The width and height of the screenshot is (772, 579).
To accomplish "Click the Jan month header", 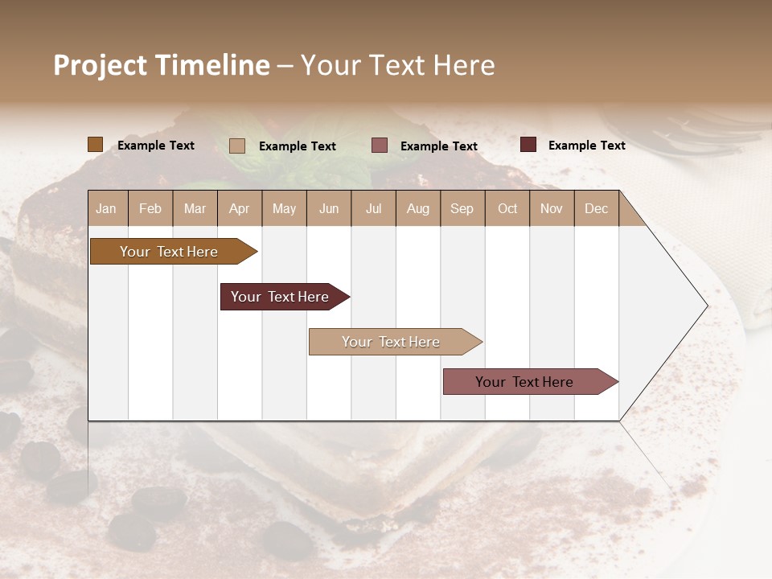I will pos(106,208).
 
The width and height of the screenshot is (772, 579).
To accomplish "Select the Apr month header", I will pos(240,208).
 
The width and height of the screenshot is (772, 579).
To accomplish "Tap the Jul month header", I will pos(373,208).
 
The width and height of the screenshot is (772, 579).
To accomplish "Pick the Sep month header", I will pos(462,208).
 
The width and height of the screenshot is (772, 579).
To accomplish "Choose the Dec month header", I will pos(596,208).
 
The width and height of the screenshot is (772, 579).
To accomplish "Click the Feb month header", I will pos(150,208).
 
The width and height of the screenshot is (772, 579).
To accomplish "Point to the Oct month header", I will pos(507,208).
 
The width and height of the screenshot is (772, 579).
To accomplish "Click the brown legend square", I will pos(95,145).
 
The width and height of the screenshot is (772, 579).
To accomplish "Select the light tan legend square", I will pos(237,146).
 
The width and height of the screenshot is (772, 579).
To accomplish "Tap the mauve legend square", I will pos(380,146).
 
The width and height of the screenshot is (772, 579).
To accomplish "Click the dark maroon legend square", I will pos(528,145).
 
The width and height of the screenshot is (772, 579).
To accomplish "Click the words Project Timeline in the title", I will pos(162,65).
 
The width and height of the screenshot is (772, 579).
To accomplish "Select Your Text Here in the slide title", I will pos(398,65).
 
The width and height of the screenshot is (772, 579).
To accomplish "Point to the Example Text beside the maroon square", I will pos(586,146).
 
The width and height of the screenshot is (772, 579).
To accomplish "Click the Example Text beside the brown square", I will pos(156,146).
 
